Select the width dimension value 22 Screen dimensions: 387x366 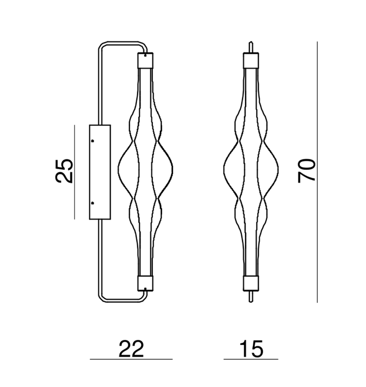pos(131,349)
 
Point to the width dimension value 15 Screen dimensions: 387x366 pos(251,349)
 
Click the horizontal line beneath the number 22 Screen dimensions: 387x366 pos(131,360)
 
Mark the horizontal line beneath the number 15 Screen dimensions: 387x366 pos(251,360)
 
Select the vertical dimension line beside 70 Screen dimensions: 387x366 pos(317,171)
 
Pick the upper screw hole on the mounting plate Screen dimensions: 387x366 pos(93,141)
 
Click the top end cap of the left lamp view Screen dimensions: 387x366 pos(146,60)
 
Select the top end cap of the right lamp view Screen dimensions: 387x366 pos(251,60)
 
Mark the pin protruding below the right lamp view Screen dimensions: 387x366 pos(251,296)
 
